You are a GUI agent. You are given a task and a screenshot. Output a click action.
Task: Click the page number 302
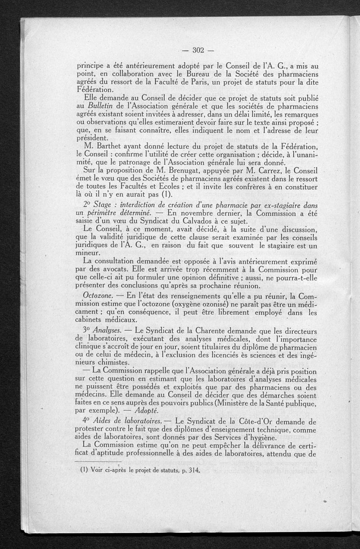pos(198,49)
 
